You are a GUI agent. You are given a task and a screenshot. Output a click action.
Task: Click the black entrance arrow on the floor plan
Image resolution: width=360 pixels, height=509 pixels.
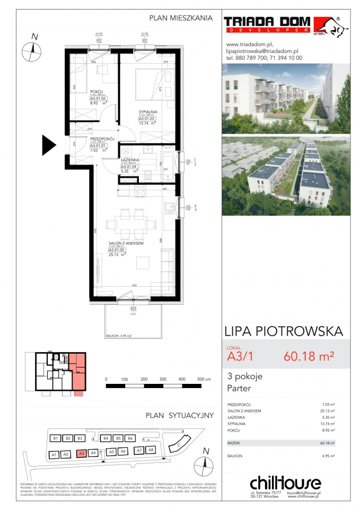(x=49, y=143)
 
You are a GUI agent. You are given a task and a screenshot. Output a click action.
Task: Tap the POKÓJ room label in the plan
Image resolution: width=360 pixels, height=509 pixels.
(x=96, y=91)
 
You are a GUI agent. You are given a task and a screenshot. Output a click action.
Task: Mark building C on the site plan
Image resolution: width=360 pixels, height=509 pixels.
(x=179, y=445)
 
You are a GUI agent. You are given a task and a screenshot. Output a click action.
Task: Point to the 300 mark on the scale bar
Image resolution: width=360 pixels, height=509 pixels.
(x=163, y=380)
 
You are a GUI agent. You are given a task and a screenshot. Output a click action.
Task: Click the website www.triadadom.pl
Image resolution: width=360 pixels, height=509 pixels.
(x=249, y=45)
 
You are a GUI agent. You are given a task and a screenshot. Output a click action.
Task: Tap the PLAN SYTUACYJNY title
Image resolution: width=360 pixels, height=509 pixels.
(x=179, y=415)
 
